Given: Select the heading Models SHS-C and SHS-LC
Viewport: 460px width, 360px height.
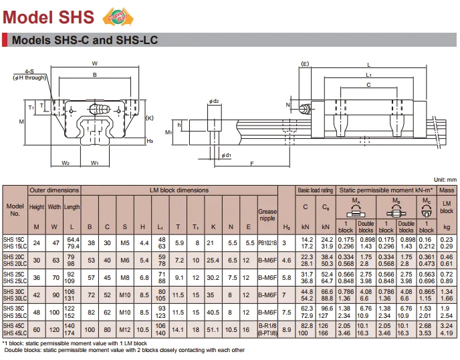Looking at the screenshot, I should click(85, 41).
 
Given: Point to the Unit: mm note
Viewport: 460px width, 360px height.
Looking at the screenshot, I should click(442, 180).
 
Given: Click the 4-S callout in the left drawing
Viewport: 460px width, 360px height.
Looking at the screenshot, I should click(30, 71).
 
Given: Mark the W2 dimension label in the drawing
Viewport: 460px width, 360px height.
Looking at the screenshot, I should click(66, 162).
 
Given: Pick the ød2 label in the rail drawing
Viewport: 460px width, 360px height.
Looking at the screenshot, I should click(213, 102).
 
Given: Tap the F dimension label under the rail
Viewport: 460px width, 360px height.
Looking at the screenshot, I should click(251, 163).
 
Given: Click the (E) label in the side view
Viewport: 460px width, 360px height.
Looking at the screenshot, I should click(305, 65).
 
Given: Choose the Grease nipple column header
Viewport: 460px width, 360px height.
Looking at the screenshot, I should click(267, 216).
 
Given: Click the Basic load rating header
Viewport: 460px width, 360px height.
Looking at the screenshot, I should click(315, 191).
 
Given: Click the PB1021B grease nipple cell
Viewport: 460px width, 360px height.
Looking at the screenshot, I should click(267, 242).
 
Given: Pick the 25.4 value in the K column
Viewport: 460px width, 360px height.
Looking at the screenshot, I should click(213, 260).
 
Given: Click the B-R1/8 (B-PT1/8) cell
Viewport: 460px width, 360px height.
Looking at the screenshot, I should click(267, 329).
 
